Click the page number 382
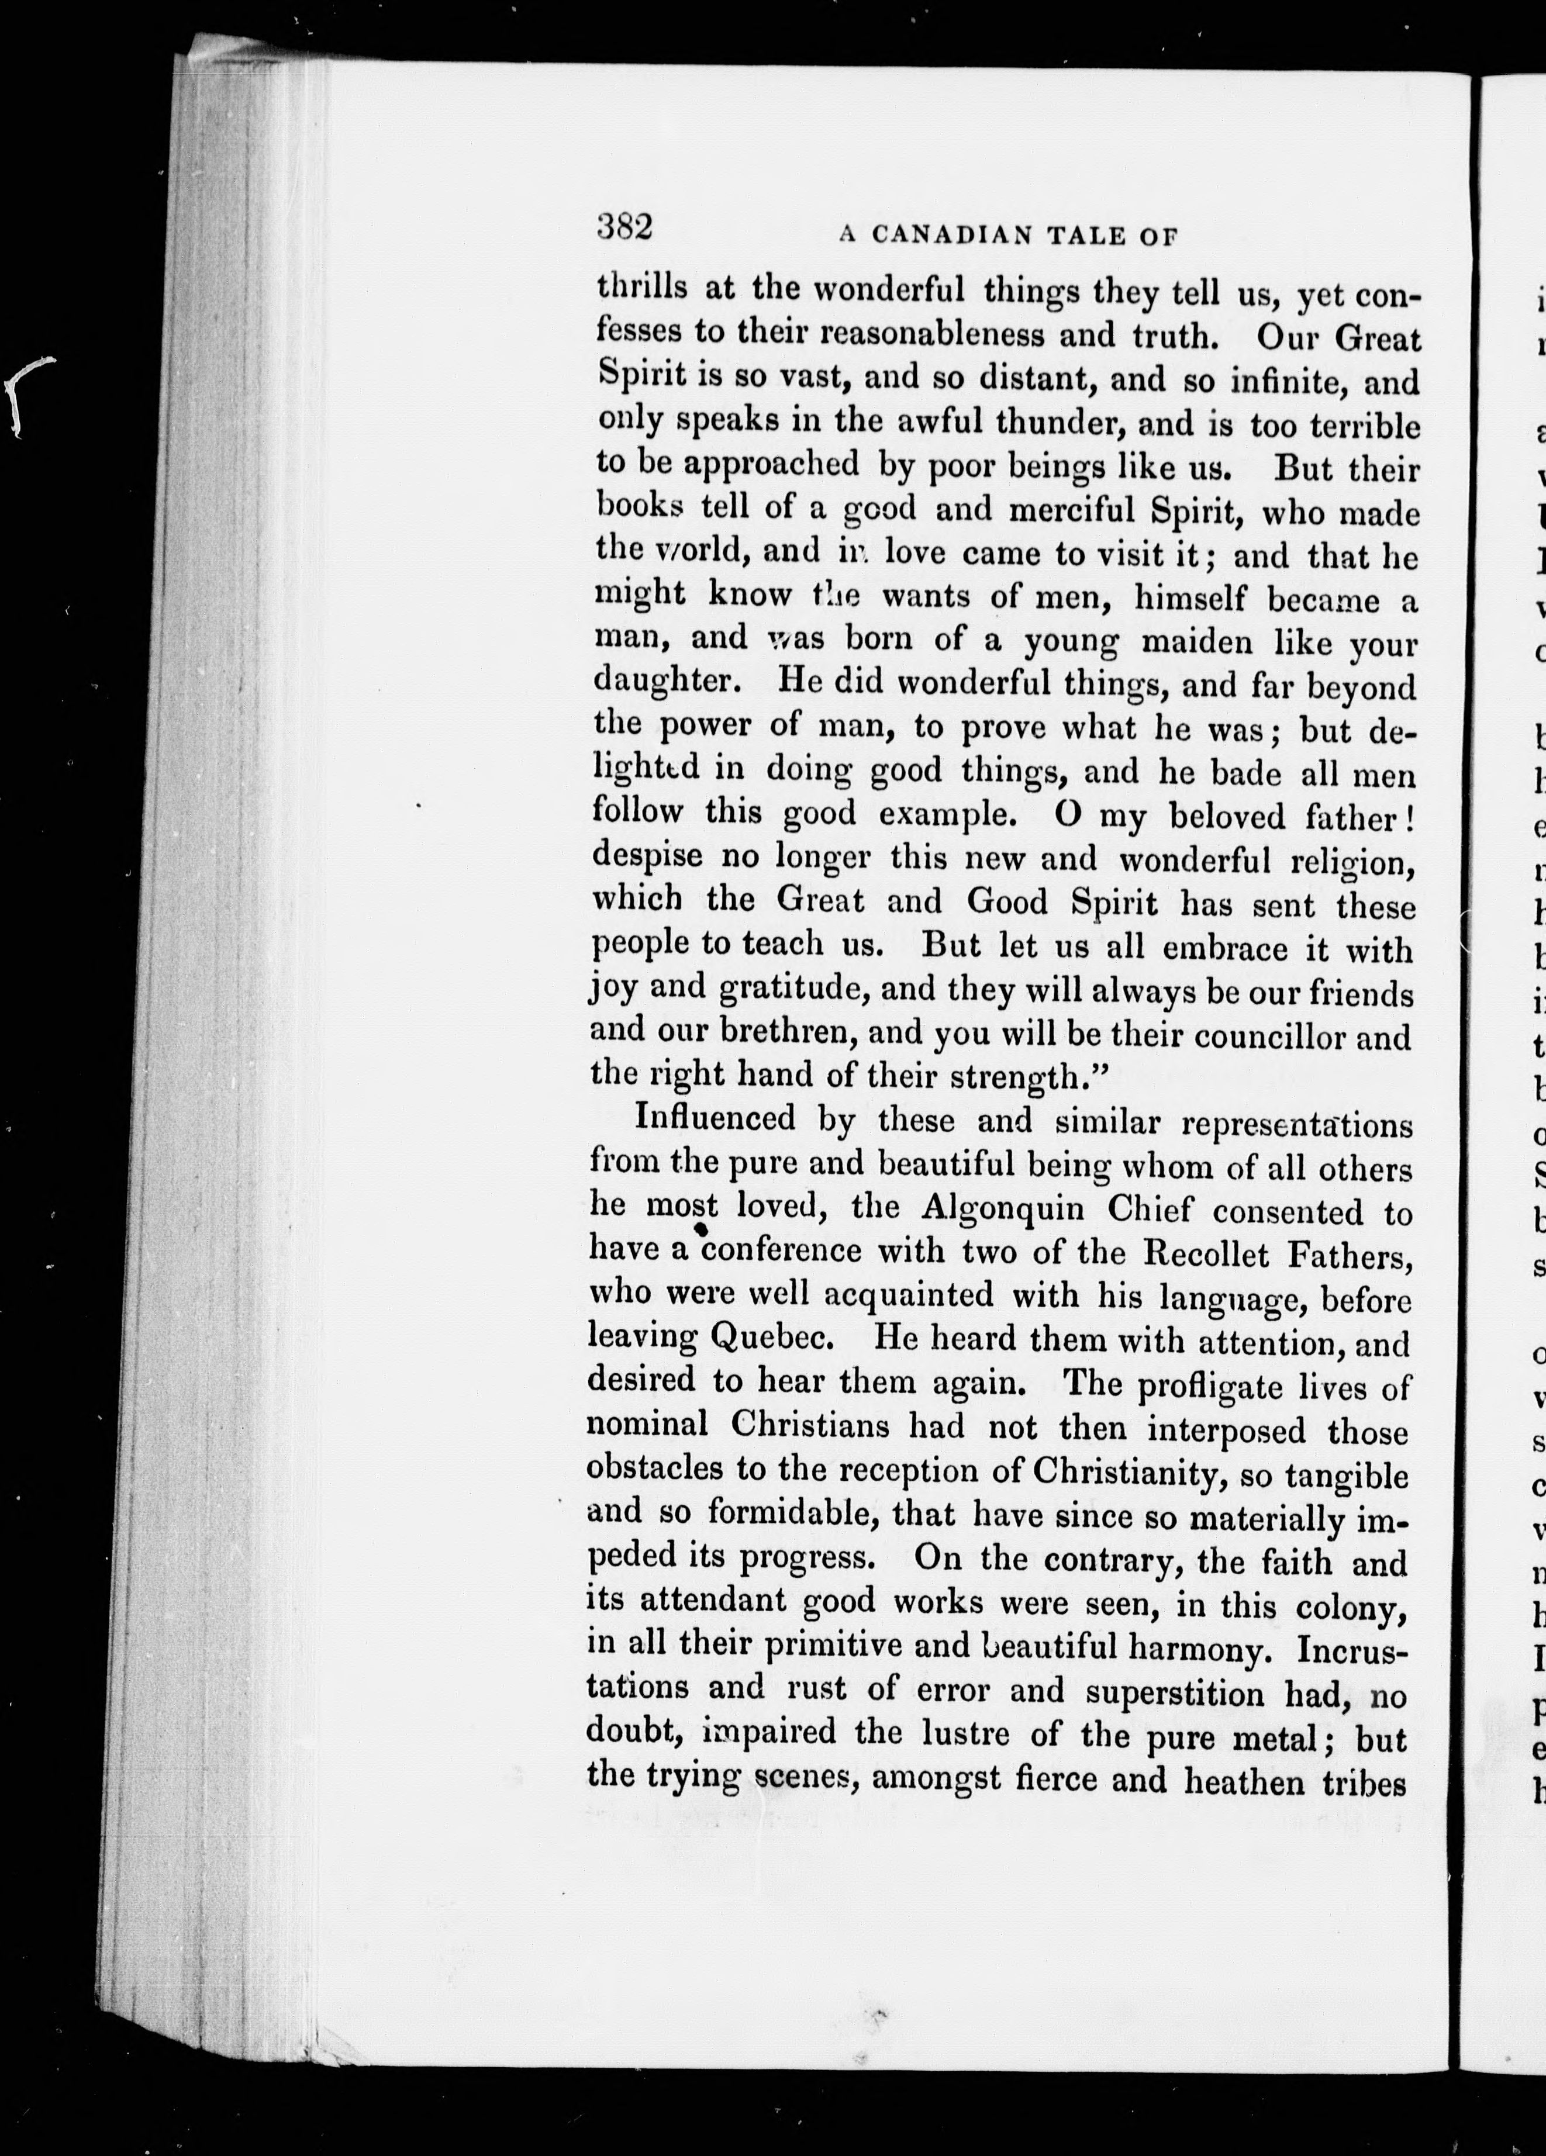(x=624, y=228)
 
